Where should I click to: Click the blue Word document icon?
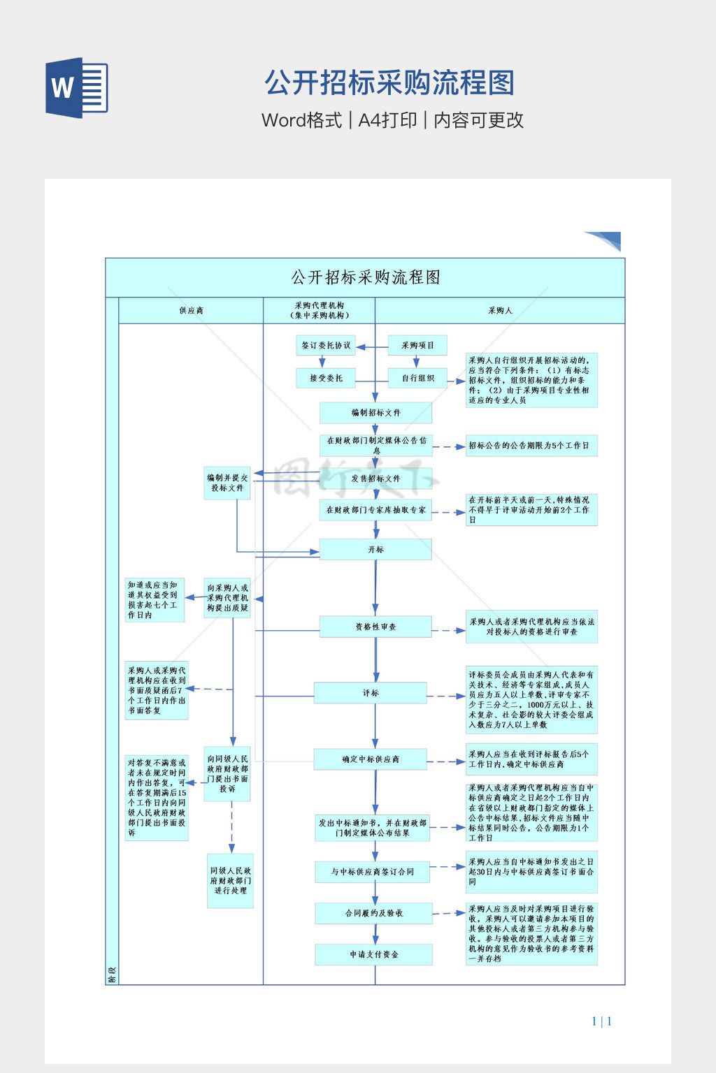[77, 87]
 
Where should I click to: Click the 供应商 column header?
[191, 310]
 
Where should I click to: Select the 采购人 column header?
[500, 310]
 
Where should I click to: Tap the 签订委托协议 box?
[326, 345]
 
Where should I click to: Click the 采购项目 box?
[417, 345]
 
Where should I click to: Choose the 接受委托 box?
[326, 378]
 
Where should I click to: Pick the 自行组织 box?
[417, 378]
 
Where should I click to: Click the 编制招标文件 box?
[375, 412]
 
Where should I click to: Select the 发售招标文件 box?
[375, 479]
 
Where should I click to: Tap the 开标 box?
[375, 549]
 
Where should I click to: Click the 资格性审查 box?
[375, 627]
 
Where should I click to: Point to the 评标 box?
[371, 693]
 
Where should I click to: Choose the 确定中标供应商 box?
[371, 759]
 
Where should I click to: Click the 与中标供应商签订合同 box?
[372, 872]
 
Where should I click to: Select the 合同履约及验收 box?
[373, 913]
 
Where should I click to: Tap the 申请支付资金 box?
[373, 954]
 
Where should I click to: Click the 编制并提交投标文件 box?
[227, 483]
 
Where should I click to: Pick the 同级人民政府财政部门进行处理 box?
[230, 880]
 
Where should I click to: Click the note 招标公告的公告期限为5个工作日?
[531, 446]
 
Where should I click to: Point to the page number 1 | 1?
[601, 1021]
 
